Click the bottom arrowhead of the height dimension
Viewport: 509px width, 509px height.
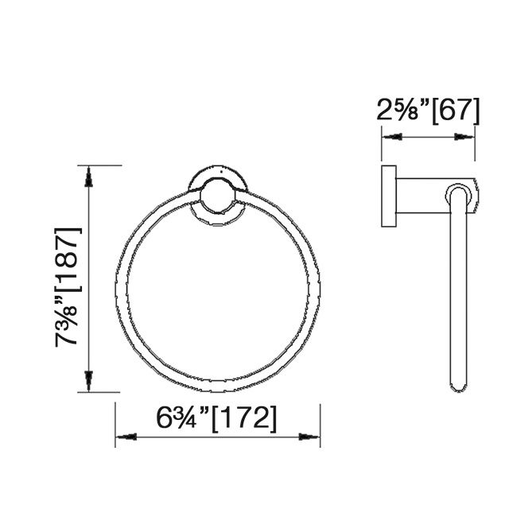pos(90,383)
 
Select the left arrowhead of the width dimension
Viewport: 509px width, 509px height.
pos(126,436)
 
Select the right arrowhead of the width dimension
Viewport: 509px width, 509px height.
pos(310,436)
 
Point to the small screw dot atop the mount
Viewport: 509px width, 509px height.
pos(218,170)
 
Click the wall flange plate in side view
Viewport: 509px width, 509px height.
pos(389,197)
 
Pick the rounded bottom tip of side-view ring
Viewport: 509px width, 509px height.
pos(458,387)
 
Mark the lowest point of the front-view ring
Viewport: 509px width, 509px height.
pos(218,390)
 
